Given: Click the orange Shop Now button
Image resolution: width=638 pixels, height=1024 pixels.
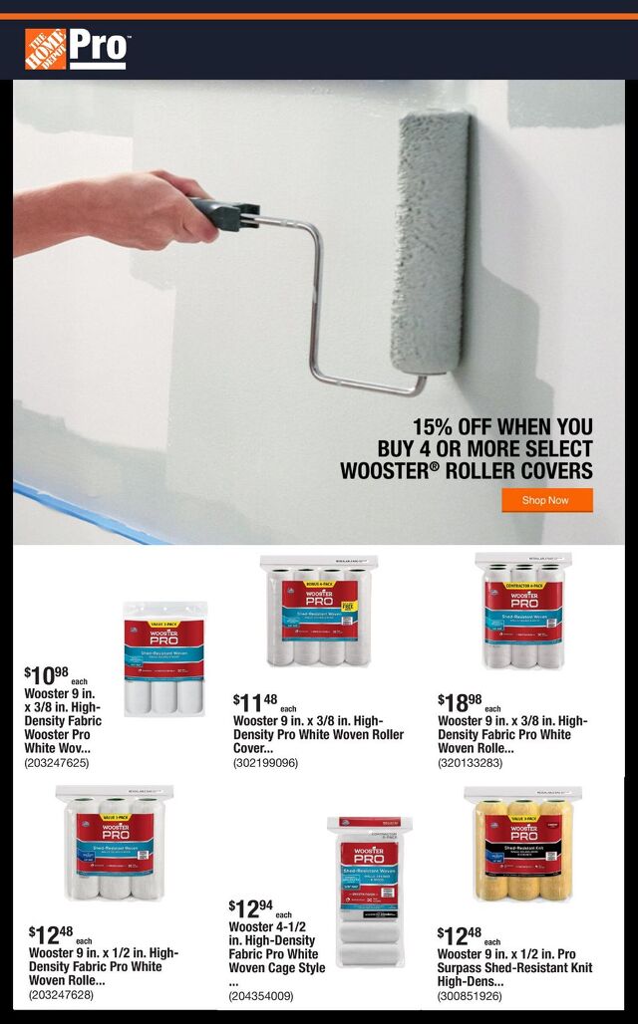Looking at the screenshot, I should coord(546,500).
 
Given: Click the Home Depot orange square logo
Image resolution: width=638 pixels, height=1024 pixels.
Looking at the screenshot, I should coord(45,49).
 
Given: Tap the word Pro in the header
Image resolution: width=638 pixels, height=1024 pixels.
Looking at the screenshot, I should coord(98,48).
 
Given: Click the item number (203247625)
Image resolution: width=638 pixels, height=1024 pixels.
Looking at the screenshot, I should coord(56,763).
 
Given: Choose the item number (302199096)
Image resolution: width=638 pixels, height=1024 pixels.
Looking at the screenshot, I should coord(265,763).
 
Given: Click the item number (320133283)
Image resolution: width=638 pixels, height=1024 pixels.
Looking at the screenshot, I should coord(470,763).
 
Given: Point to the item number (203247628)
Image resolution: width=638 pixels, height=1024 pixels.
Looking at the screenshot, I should coord(61,994).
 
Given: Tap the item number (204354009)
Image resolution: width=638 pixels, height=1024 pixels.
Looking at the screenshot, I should coord(261,995).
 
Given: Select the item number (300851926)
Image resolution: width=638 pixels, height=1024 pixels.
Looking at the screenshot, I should coord(470,995).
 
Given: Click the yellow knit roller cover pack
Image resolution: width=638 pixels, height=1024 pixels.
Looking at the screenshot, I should coord(523,844).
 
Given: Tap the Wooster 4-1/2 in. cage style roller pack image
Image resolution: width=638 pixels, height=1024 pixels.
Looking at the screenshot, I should coord(369,892).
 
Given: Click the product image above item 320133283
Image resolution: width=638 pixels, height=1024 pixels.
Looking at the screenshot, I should coord(523,611).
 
